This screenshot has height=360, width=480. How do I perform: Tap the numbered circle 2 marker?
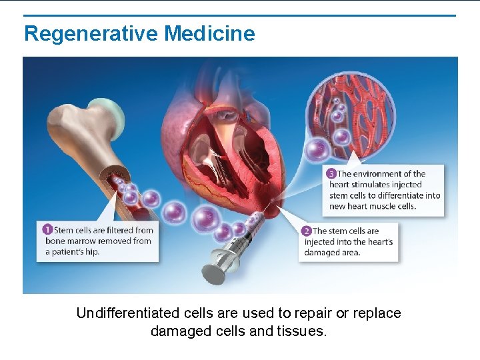pos(307,231)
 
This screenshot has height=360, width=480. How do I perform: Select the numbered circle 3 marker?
pos(331,174)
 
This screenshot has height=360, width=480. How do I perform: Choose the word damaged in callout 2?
pos(323,253)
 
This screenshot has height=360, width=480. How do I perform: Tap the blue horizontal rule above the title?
pos(240,15)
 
